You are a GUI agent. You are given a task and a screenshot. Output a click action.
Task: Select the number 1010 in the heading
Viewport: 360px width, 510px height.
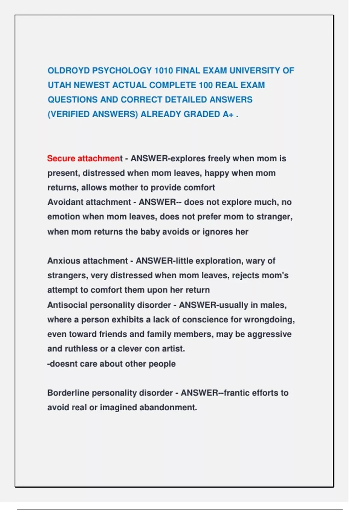(163, 71)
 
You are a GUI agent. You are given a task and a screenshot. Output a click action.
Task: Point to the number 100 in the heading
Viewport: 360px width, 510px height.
(205, 85)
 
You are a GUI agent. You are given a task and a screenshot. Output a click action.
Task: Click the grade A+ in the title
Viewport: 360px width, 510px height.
(228, 114)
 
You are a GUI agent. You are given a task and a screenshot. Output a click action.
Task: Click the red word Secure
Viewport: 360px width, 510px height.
(61, 158)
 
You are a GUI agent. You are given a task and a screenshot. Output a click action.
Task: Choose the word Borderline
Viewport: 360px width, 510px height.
(68, 393)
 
